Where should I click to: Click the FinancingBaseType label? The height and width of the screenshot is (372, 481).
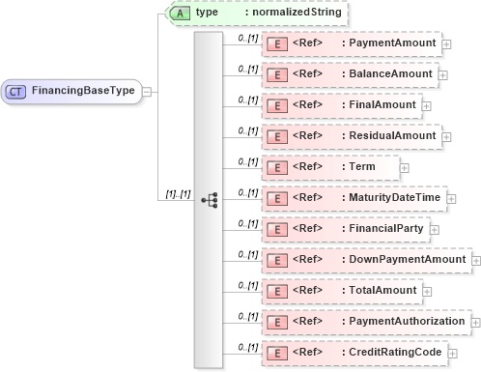[83, 91]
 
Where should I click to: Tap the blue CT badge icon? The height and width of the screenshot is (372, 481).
[16, 91]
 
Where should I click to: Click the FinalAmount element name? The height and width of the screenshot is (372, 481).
[382, 104]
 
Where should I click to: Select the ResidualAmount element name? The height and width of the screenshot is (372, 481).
[392, 135]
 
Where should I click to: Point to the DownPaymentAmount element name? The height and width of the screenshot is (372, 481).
[408, 259]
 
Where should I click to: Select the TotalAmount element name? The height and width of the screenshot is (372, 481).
[383, 290]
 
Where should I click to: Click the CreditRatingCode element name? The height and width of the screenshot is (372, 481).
[396, 352]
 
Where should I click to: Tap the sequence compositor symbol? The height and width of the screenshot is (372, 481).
[210, 199]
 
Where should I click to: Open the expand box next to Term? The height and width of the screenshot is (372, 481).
[404, 167]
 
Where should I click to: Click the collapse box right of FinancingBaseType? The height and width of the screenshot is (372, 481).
[146, 91]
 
